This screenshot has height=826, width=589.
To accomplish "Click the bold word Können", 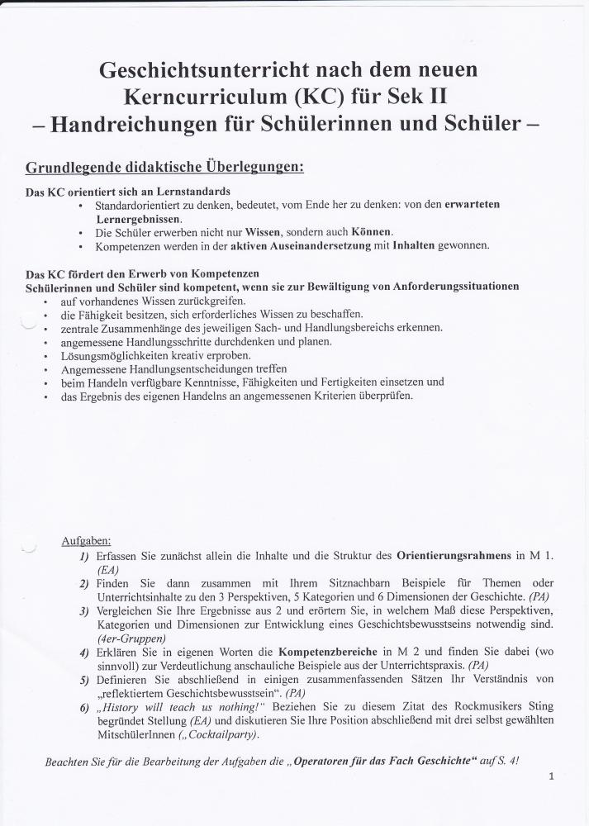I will (371, 232).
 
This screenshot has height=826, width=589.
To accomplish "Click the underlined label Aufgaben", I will (86, 541).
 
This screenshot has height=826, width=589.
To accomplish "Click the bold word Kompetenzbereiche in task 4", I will (325, 653).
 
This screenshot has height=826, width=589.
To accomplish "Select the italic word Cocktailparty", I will (221, 735).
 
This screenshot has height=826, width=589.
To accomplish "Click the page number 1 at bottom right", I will (551, 776).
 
